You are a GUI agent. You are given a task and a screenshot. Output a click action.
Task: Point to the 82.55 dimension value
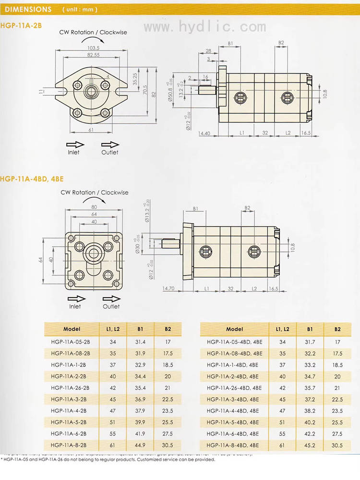[93, 55]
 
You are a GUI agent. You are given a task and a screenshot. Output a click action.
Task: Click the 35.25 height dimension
[135, 78]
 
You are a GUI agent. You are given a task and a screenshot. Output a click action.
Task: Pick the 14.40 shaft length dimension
[204, 132]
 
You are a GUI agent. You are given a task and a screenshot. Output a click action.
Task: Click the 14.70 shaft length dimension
[168, 288]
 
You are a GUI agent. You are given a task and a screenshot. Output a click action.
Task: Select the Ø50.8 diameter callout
[170, 96]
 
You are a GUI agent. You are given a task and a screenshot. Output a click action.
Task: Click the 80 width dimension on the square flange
[94, 207]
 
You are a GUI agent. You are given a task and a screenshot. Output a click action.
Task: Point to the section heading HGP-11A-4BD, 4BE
[32, 179]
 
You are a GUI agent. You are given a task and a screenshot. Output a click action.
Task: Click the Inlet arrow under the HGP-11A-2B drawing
[75, 144]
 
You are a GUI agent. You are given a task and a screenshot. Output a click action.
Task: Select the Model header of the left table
[72, 329]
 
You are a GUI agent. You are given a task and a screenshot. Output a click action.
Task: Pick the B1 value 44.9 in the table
[140, 445]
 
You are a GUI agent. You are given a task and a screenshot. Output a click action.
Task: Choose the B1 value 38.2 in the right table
[310, 411]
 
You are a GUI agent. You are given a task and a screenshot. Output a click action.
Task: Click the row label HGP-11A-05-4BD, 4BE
[235, 342]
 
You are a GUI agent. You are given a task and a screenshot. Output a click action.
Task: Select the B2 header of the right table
[337, 329]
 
